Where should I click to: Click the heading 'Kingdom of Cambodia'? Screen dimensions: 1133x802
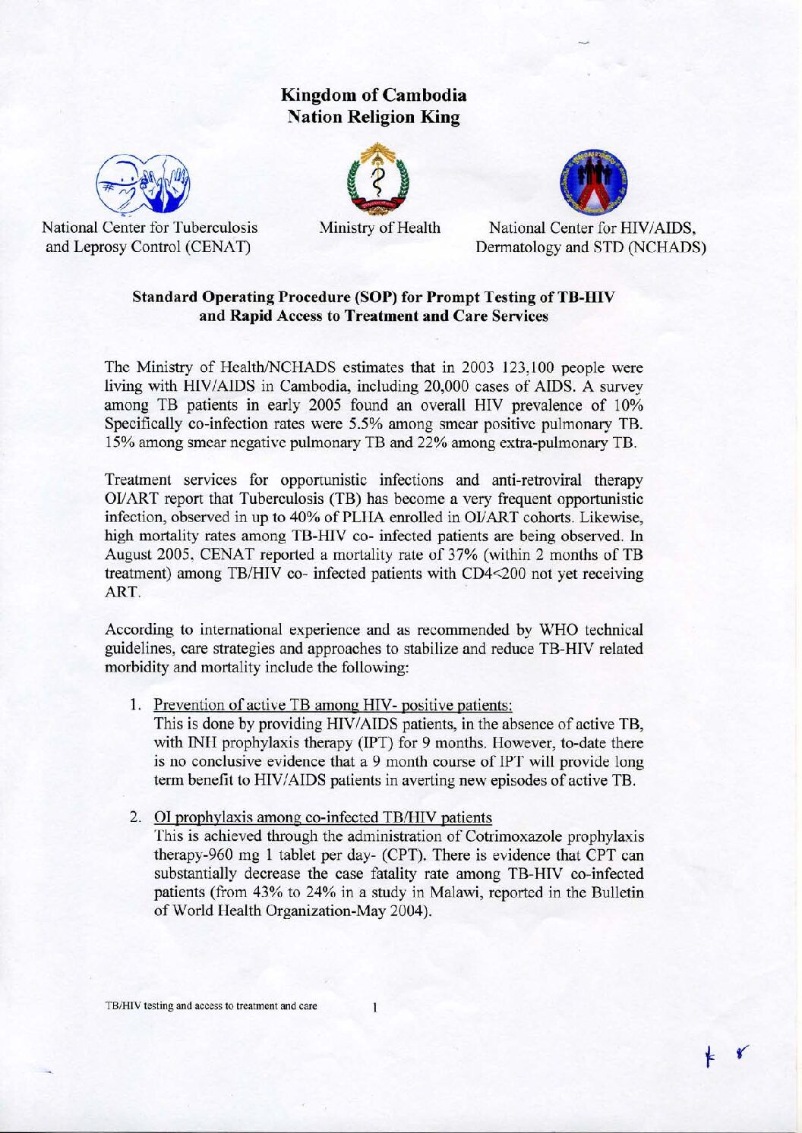[x=374, y=96]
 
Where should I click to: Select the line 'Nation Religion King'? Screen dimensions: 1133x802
[x=374, y=118]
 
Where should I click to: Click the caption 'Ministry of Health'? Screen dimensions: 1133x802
[x=380, y=228]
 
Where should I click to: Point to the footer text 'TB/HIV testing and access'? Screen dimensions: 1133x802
[x=211, y=1007]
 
